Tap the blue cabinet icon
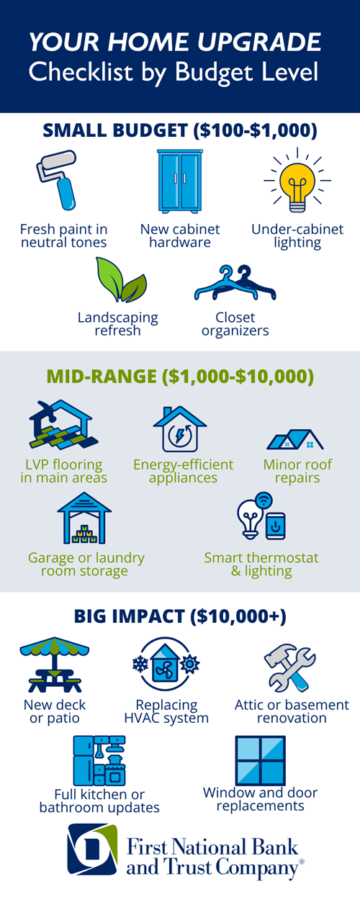point(180,181)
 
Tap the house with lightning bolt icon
point(180,429)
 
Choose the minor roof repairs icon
point(295,439)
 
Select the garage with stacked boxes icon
point(84,518)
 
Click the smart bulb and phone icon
point(261,516)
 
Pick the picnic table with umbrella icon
point(55,665)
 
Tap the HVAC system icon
point(166,665)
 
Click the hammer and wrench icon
point(289,667)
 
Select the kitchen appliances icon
point(99,760)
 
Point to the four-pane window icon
point(261,760)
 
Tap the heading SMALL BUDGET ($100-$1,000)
point(180,130)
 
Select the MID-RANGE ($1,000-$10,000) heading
point(180,377)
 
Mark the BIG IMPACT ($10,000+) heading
point(180,616)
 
